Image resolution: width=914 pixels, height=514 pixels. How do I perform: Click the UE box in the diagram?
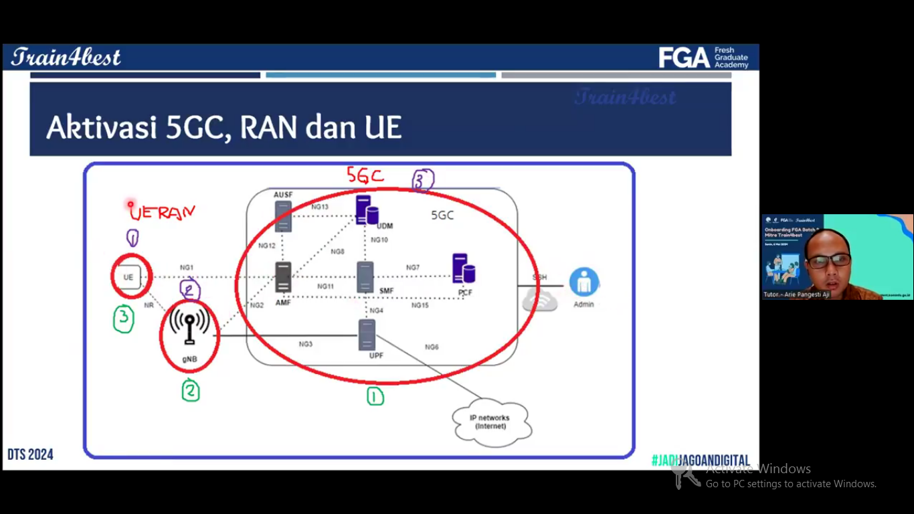128,277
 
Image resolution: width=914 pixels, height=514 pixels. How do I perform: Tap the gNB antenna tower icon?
189,327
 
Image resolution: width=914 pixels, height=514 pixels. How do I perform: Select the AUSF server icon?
284,216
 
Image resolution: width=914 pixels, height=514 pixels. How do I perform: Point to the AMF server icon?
284,276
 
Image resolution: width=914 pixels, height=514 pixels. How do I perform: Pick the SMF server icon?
365,276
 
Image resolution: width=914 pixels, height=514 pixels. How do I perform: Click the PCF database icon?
463,269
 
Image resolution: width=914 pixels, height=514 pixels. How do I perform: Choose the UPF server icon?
367,335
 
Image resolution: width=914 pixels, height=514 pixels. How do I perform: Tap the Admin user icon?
583,282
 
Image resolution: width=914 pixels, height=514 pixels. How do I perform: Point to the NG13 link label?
320,207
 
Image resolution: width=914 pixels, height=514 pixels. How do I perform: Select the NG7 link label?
413,268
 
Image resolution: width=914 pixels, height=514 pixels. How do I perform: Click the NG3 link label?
306,344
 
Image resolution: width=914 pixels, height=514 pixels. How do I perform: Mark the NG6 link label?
432,347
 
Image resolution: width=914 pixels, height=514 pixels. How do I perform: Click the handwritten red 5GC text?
365,175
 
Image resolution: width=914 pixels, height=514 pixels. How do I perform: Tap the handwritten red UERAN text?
163,213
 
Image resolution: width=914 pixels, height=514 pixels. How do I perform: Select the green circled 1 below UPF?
375,397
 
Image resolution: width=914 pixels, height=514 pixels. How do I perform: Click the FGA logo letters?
684,58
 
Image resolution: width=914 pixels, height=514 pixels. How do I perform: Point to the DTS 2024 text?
30,454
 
